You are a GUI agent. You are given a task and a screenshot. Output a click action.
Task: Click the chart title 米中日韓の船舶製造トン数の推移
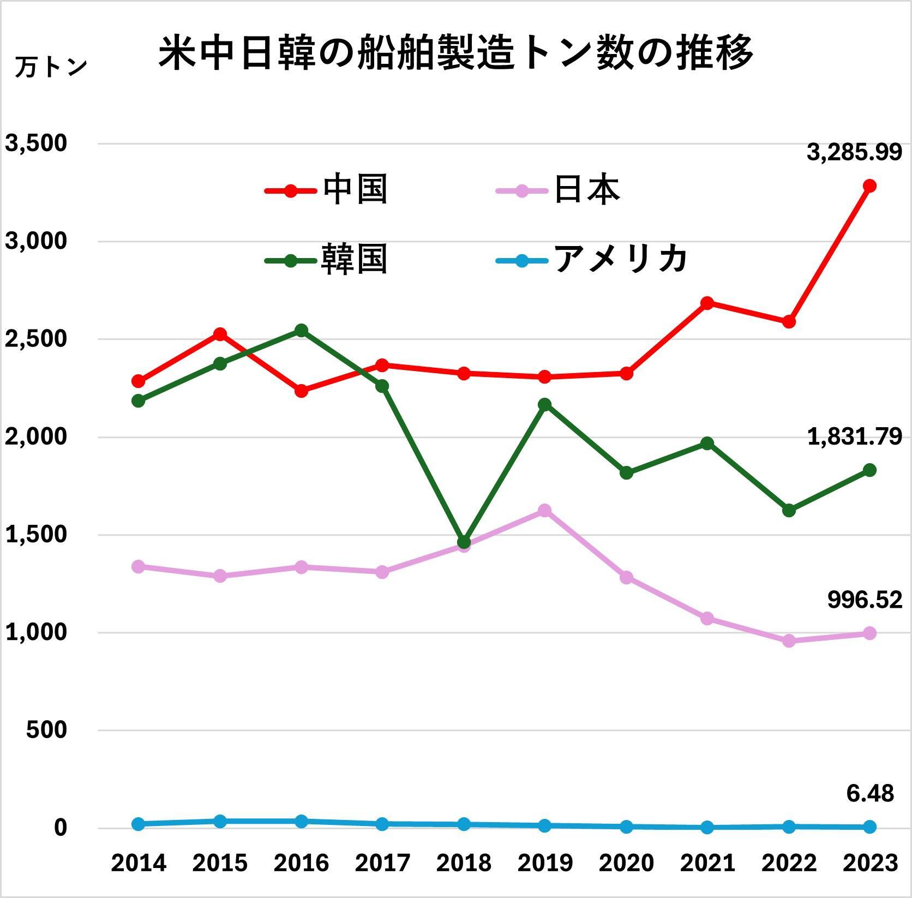(455, 53)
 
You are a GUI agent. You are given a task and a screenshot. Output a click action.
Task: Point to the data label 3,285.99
(854, 153)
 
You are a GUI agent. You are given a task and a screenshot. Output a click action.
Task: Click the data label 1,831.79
(854, 437)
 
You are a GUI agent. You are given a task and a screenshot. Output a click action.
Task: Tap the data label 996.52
(865, 600)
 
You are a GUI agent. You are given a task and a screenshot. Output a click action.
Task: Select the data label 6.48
(870, 793)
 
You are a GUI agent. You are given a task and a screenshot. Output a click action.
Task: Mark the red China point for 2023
(869, 186)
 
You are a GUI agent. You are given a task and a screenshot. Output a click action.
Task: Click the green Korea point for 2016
(301, 331)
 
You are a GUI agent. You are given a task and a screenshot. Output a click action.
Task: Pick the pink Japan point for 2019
(544, 511)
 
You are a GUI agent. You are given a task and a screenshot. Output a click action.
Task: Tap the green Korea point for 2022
(789, 511)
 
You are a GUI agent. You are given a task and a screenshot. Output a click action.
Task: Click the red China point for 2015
(220, 334)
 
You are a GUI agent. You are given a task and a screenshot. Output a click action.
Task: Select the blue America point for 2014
(139, 824)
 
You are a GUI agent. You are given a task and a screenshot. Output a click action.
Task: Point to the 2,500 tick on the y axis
(36, 339)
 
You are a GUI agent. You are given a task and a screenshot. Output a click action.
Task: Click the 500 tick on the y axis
(46, 730)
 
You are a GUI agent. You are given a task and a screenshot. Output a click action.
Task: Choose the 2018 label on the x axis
(464, 863)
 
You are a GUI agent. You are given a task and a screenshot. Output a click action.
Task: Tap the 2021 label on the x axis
(707, 863)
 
